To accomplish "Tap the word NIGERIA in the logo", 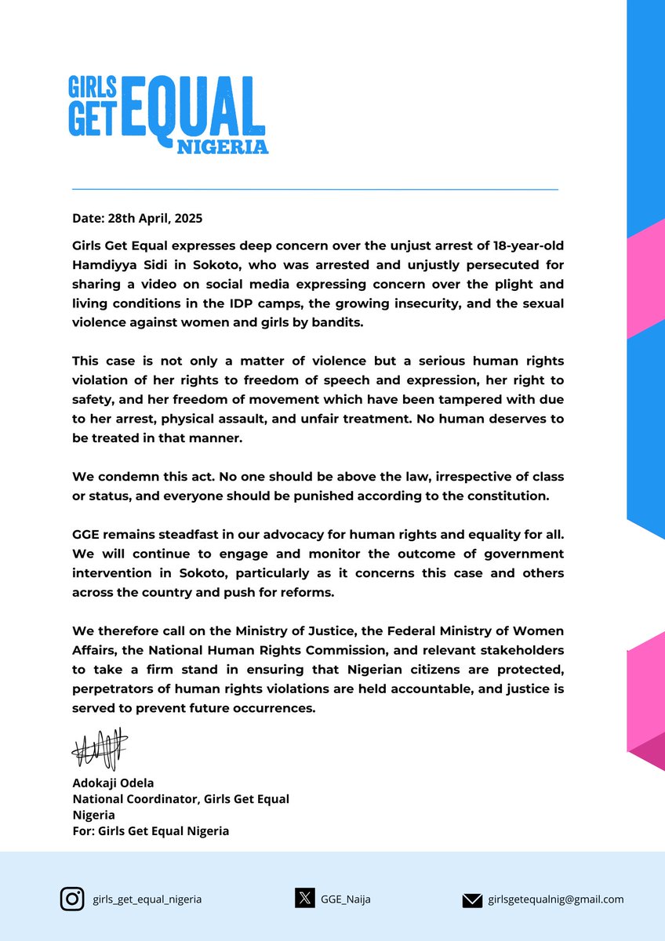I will click(x=223, y=147).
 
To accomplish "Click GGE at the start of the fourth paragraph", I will click(x=85, y=534).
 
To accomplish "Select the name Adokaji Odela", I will click(x=114, y=782).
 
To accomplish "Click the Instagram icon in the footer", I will click(x=72, y=899).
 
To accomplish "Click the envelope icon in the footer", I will click(x=472, y=900).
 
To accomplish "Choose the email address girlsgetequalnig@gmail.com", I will click(x=555, y=899).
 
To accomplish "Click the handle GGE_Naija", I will click(x=345, y=899).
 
